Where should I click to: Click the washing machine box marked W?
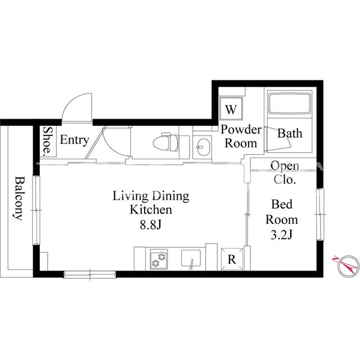(231, 109)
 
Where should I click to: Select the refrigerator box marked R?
(232, 259)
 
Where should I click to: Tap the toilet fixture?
(166, 142)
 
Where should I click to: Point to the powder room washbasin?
(202, 147)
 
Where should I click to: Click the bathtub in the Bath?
(290, 103)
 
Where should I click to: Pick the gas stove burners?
(159, 259)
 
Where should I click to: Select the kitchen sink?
(191, 258)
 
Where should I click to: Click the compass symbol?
(347, 266)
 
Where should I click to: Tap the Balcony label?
(19, 199)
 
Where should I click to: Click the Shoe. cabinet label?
(48, 140)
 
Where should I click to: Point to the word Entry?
(74, 140)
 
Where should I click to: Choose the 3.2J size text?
(281, 235)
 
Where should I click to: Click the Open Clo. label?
(285, 173)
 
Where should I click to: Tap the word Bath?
(290, 133)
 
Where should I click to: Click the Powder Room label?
(241, 136)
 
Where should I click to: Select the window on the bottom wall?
(90, 274)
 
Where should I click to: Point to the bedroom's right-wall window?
(320, 214)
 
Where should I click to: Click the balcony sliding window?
(36, 210)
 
